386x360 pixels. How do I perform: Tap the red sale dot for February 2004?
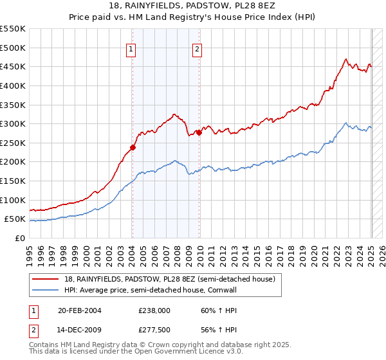point(133,147)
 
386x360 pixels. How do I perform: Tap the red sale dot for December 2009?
point(199,132)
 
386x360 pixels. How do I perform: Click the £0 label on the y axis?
point(19,239)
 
